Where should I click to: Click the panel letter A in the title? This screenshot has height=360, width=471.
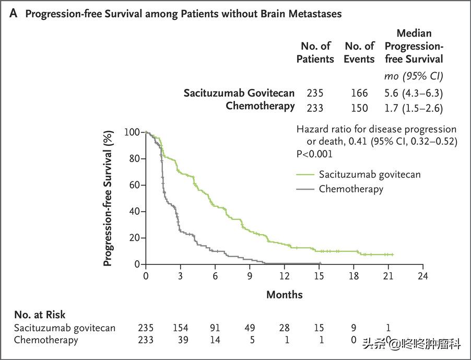tap(13, 14)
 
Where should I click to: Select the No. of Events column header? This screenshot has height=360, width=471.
tap(359, 52)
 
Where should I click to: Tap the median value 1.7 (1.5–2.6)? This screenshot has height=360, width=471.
tap(413, 108)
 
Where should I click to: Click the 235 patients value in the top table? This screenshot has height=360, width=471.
tap(315, 93)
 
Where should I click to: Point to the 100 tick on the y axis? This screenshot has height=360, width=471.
tap(132, 132)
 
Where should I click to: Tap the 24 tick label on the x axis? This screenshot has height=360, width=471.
tap(423, 276)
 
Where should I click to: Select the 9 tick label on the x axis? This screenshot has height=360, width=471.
tap(250, 276)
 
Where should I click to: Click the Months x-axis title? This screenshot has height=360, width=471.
tap(285, 295)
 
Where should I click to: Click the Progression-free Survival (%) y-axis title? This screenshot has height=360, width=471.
tap(108, 199)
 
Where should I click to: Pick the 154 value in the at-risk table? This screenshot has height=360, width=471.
tap(180, 328)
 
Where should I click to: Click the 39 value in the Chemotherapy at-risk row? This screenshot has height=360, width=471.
tap(180, 340)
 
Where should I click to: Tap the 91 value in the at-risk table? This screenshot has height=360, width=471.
tap(215, 328)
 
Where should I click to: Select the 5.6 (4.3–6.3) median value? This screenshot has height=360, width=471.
tap(413, 93)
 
